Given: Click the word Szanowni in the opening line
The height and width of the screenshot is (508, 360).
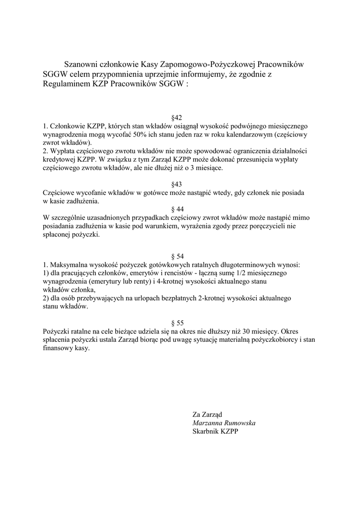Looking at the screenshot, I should click(82, 64).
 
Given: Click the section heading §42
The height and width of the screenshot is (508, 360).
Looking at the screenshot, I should click(177, 118).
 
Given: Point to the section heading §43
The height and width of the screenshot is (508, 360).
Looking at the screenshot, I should click(177, 184).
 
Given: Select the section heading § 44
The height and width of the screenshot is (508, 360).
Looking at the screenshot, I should click(177, 209).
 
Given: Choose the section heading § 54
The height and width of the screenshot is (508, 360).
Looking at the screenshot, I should click(177, 256).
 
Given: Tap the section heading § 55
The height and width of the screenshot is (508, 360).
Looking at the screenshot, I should click(177, 323).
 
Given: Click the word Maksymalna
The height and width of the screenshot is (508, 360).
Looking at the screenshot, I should click(68, 265).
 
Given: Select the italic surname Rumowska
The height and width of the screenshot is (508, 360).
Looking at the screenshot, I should click(239, 423).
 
